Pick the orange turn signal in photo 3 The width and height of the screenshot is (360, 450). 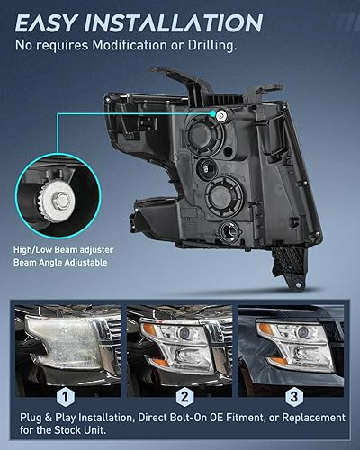266,330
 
